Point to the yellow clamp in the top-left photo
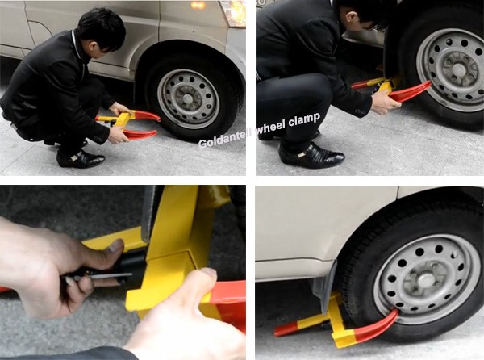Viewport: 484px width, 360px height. pos(122,120)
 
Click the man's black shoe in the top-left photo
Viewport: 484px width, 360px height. pos(81,158)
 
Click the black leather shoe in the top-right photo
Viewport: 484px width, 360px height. pos(311,154)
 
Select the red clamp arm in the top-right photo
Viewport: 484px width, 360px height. pos(411,91)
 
